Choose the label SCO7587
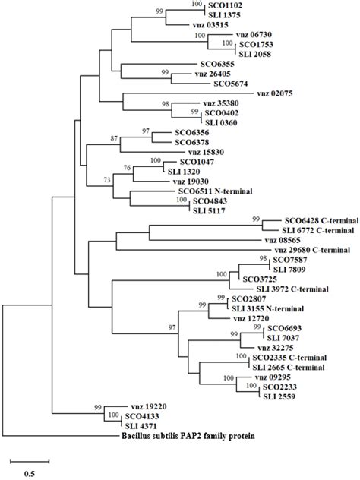tap(289, 259)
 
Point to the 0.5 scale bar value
tap(29, 474)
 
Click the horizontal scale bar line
tap(30, 459)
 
